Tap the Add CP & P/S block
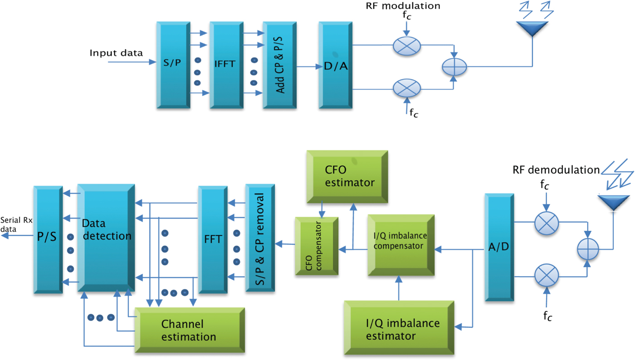[x=278, y=65]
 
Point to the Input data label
[x=116, y=53]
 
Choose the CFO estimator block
[x=347, y=176]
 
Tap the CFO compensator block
[x=317, y=246]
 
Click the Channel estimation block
[x=189, y=330]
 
